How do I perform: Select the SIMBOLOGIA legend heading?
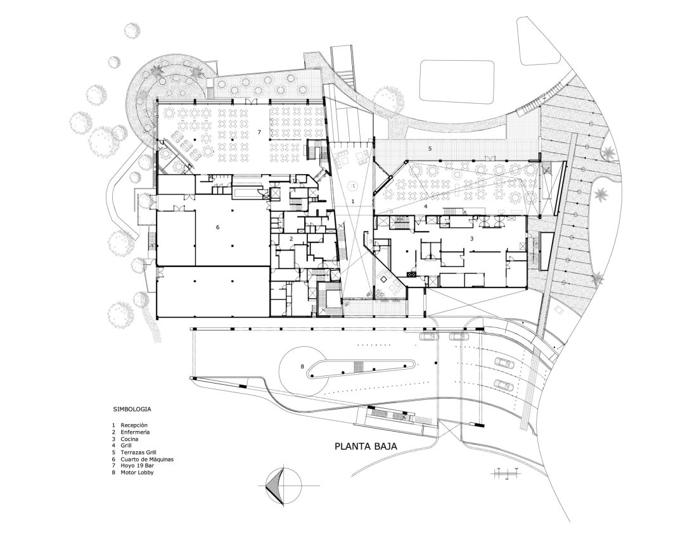point(132,409)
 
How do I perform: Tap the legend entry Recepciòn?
point(134,425)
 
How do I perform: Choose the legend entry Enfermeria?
point(135,432)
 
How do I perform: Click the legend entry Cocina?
point(129,439)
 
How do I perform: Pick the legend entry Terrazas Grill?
point(138,453)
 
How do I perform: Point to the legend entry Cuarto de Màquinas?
point(147,460)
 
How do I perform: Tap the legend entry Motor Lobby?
point(137,473)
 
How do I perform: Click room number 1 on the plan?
point(353,201)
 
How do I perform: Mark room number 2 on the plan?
point(291,239)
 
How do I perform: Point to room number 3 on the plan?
point(471,239)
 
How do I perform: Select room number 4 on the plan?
point(425,206)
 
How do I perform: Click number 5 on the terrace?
point(430,149)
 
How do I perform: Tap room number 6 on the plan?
point(217,227)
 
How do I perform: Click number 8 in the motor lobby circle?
point(302,366)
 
